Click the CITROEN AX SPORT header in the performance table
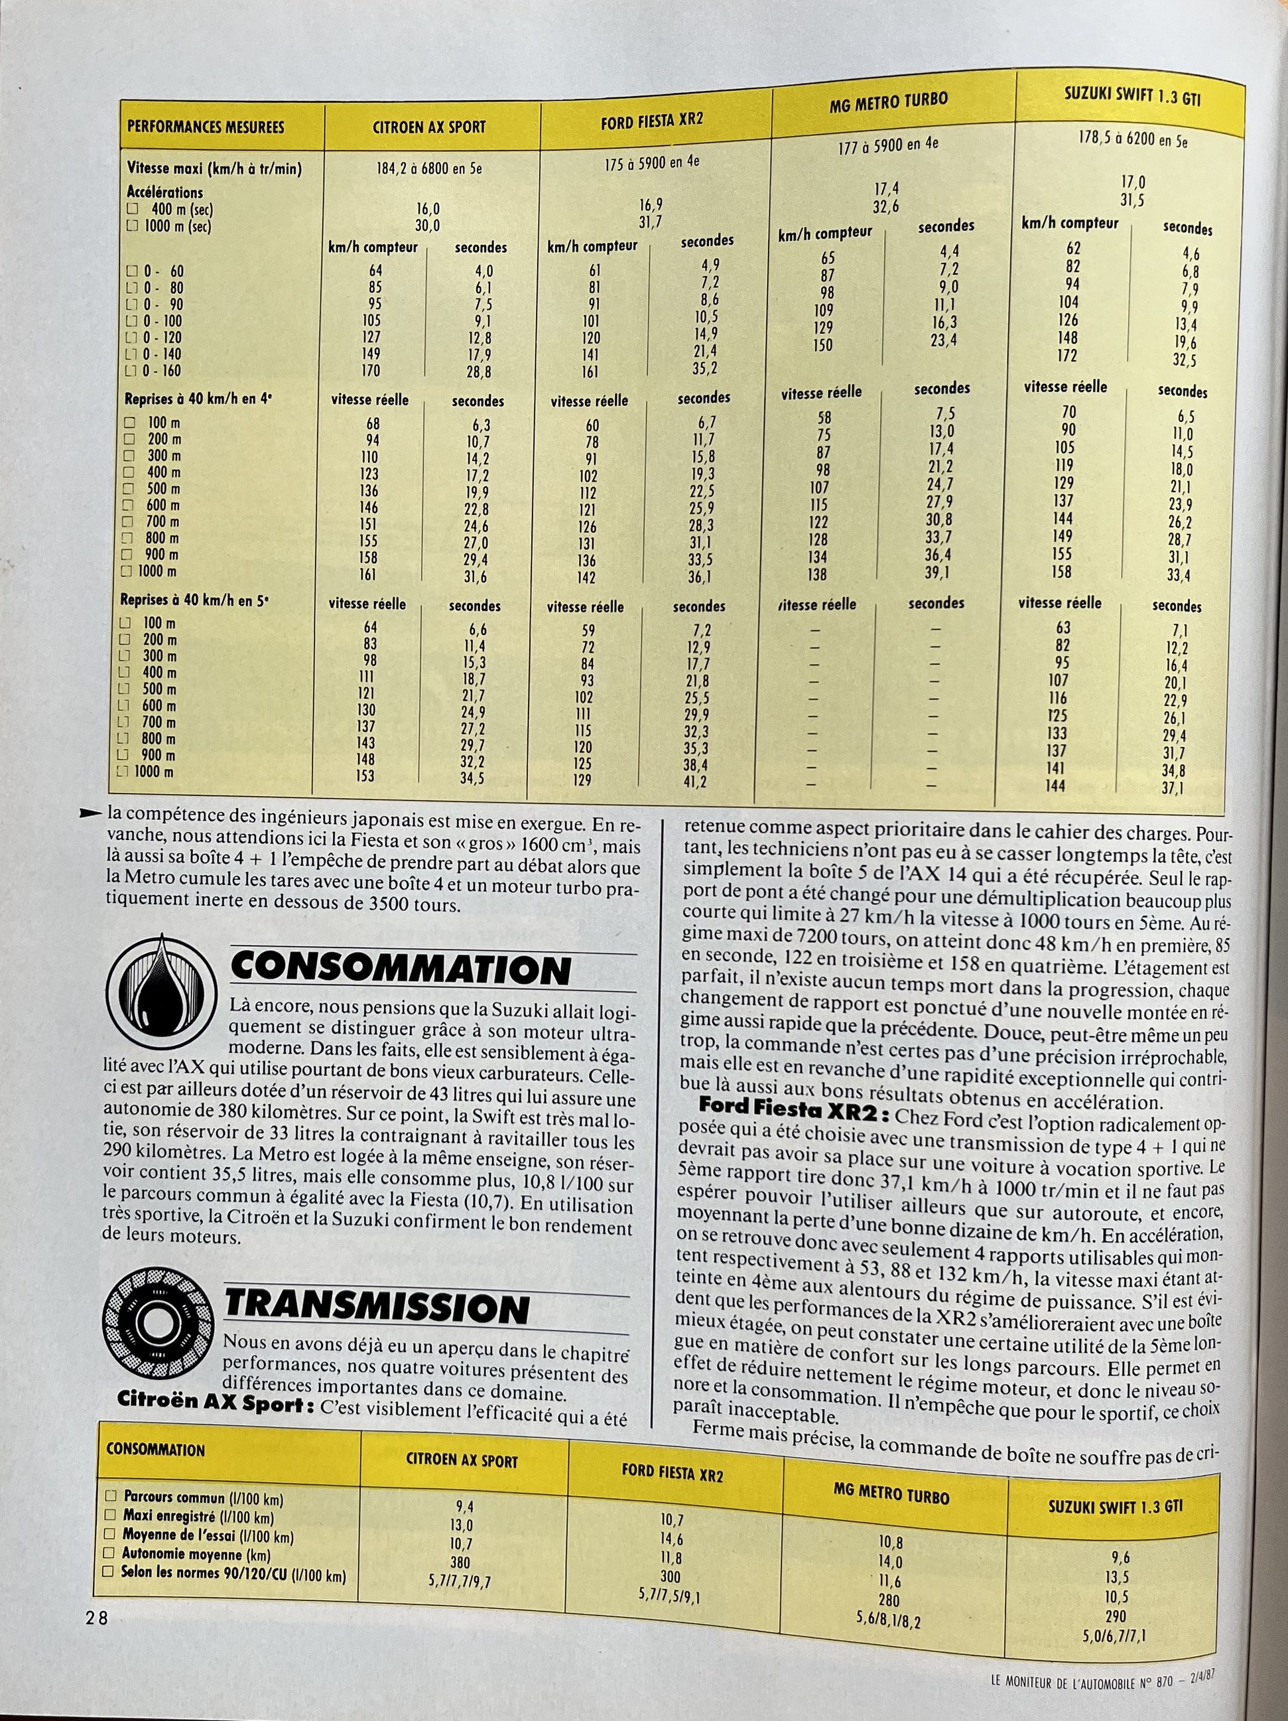pos(428,127)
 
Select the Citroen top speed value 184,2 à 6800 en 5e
pos(429,167)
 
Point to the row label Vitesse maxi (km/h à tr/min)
pos(215,168)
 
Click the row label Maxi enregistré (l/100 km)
pos(198,1517)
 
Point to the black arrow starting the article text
pos(91,814)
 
